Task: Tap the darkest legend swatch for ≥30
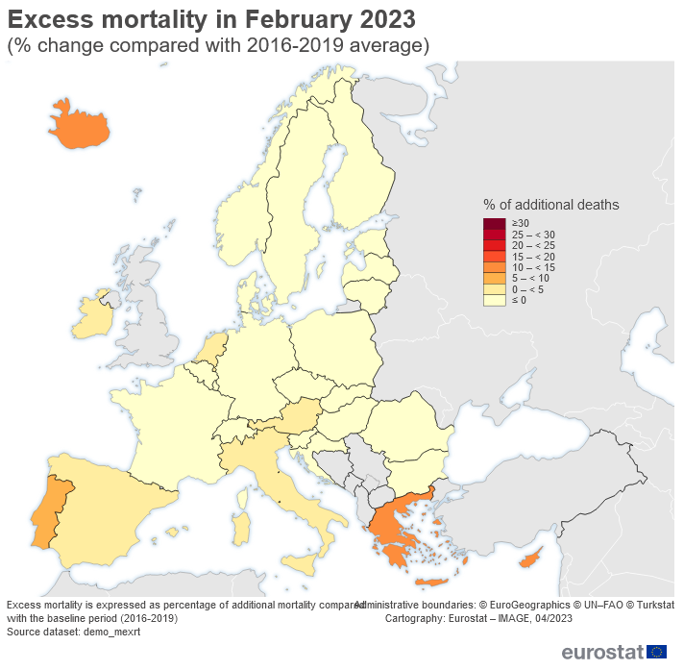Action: pyautogui.click(x=494, y=224)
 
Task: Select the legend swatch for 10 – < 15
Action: pyautogui.click(x=494, y=267)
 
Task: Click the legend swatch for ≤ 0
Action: pyautogui.click(x=494, y=300)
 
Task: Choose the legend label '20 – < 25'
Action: pyautogui.click(x=533, y=245)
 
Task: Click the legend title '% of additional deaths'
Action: pyautogui.click(x=550, y=205)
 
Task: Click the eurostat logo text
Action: pyautogui.click(x=602, y=653)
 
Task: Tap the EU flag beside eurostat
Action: pyautogui.click(x=657, y=653)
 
